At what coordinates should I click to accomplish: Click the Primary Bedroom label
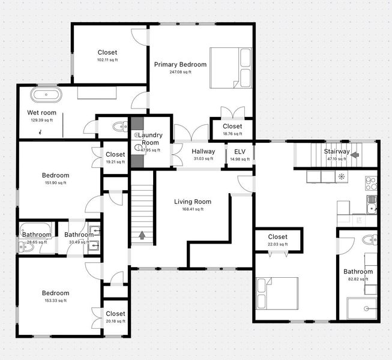tap(180, 64)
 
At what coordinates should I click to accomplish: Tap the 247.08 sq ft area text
tap(180, 72)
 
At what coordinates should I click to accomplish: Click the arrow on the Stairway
tap(355, 154)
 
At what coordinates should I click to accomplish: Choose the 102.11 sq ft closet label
tap(107, 52)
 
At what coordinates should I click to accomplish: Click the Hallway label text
tap(203, 151)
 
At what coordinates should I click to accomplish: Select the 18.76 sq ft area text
tap(232, 134)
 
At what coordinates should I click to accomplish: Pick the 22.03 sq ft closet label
tap(277, 236)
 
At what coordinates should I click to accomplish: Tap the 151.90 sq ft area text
tap(55, 183)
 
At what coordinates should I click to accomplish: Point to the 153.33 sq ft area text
tap(55, 301)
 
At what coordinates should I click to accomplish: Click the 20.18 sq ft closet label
tap(115, 314)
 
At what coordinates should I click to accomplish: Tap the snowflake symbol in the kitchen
tap(342, 176)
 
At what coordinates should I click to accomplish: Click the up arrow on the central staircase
tap(142, 235)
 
